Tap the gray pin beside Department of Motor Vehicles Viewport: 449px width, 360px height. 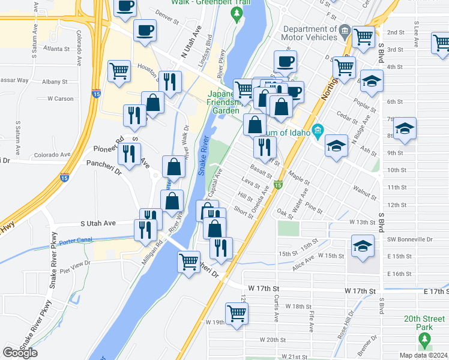coord(345,29)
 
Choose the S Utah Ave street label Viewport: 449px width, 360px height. coord(98,223)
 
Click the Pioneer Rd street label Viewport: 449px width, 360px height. coord(108,149)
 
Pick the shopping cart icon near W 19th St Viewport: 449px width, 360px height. coord(237,313)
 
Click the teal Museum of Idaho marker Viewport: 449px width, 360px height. coord(318,130)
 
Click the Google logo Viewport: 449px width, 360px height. coord(20,353)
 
